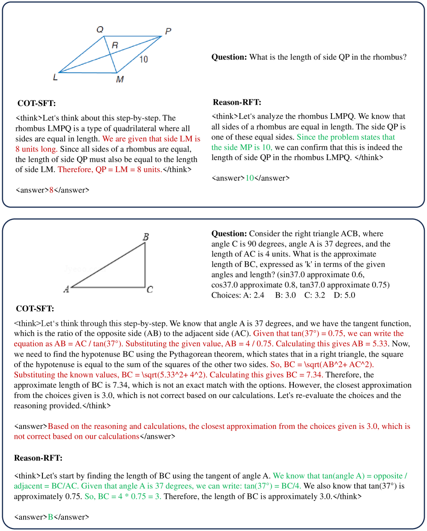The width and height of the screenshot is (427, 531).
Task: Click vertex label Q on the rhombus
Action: click(x=100, y=30)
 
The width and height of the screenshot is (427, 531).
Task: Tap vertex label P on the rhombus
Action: click(x=168, y=31)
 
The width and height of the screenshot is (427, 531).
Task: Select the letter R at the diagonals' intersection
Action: click(x=115, y=45)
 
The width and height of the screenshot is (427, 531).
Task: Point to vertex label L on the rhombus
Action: click(x=55, y=78)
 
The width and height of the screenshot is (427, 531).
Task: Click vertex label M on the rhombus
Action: click(x=120, y=79)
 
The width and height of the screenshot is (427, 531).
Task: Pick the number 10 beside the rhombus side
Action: click(x=144, y=59)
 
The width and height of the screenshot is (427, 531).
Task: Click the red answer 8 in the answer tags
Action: click(x=51, y=190)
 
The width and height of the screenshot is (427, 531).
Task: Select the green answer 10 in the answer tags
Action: click(x=250, y=178)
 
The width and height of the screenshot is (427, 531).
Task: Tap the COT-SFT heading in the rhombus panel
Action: click(x=36, y=103)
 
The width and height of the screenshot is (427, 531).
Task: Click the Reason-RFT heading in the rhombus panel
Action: click(x=237, y=103)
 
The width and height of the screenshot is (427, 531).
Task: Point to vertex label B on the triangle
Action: click(x=146, y=237)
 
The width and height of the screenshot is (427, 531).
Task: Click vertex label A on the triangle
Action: click(x=66, y=289)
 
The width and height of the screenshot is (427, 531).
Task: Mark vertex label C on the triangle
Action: click(x=150, y=290)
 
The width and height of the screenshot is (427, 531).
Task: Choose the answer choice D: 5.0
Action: click(x=344, y=295)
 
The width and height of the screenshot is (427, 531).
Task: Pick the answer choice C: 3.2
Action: click(x=314, y=295)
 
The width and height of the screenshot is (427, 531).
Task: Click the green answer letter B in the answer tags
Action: click(x=51, y=517)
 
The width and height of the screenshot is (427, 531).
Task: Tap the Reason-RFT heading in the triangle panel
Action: click(x=38, y=458)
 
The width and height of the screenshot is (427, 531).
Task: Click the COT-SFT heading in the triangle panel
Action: click(x=35, y=309)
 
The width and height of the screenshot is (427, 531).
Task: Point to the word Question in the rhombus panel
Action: click(x=229, y=57)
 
